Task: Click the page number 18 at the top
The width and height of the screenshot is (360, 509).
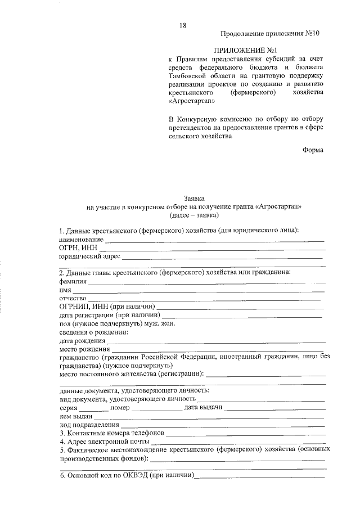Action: click(183, 25)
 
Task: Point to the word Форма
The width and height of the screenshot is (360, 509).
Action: click(313, 150)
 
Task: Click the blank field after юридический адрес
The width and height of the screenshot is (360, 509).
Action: click(222, 258)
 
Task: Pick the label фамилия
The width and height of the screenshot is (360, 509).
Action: click(73, 281)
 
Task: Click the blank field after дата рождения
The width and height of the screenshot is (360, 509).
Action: click(217, 342)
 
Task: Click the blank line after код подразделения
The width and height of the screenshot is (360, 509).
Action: click(222, 426)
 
